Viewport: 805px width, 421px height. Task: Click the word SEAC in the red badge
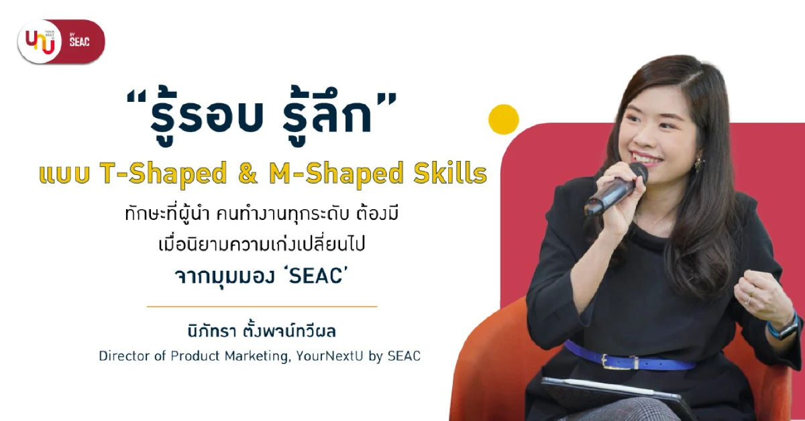(79, 42)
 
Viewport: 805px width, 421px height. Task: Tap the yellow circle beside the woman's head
(503, 119)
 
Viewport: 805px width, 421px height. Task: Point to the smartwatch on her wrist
(783, 326)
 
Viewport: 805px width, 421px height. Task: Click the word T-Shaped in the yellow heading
(164, 174)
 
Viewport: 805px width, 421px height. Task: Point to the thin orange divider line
(262, 306)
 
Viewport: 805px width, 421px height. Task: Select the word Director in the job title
(122, 356)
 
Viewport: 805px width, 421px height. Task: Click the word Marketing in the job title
(252, 356)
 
